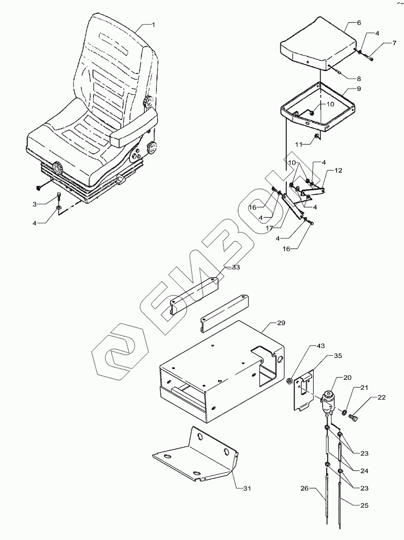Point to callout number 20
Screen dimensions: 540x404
(x=347, y=378)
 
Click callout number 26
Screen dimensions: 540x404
(x=305, y=488)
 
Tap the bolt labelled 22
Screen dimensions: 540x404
(x=354, y=418)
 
